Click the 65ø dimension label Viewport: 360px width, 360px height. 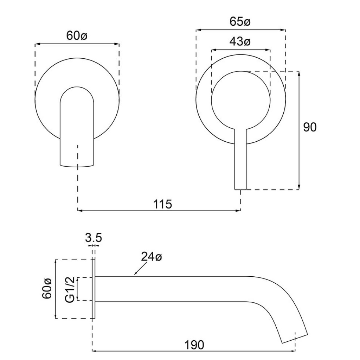pos(240,22)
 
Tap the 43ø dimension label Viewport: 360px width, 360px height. pos(240,42)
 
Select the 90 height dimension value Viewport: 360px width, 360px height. pos(310,127)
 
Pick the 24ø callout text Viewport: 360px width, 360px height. pos(152,257)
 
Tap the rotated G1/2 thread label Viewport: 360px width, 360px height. pos(70,289)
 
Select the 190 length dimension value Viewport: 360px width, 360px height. pos(194,345)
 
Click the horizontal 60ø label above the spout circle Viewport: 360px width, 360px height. pos(76,36)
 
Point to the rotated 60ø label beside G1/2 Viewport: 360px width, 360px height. pos(47,289)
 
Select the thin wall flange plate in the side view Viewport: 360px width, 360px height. pos(94,289)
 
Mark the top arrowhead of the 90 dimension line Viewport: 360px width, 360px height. pos(299,73)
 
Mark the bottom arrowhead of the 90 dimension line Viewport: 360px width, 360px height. pos(299,188)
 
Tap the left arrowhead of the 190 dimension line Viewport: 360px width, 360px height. pos(94,351)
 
